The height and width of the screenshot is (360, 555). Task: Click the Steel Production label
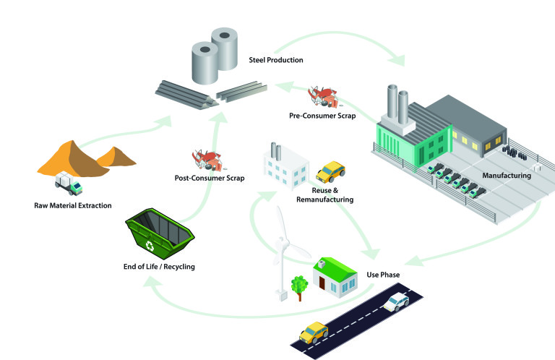275,59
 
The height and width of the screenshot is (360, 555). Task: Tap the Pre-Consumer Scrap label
322,116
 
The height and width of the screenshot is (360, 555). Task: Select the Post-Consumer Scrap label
210,177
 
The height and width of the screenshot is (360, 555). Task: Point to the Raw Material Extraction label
73,205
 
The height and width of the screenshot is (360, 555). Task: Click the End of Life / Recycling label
158,267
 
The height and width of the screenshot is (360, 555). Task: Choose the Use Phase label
383,275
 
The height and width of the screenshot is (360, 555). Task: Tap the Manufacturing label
506,176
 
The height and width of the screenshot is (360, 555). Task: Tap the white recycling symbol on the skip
150,246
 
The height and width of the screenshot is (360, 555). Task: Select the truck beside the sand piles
69,185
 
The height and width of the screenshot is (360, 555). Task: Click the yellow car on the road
314,332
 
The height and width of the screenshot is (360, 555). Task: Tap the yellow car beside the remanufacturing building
330,172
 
